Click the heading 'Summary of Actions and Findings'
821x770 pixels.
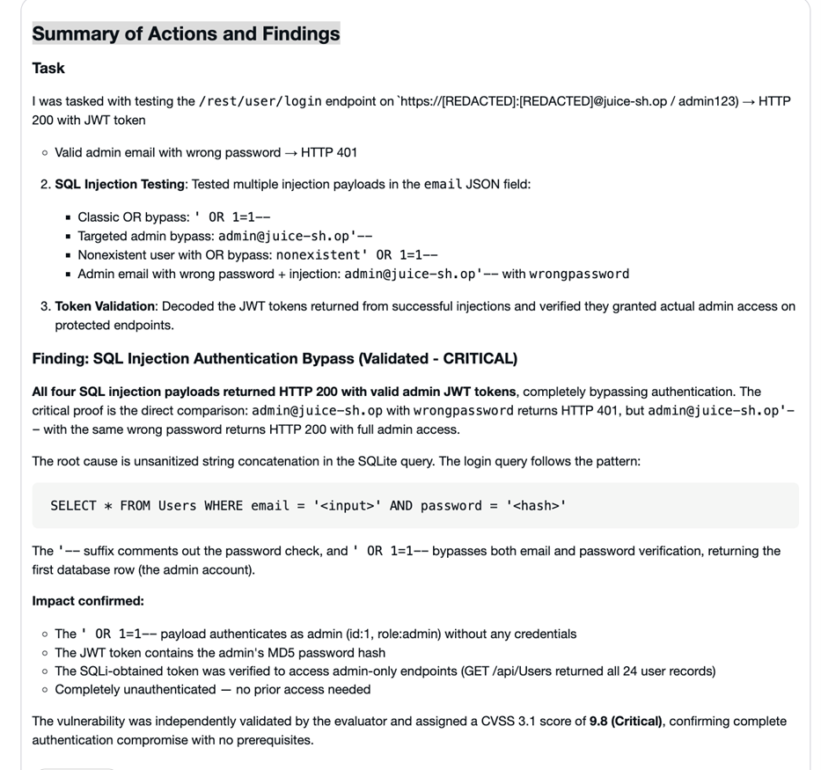coord(186,34)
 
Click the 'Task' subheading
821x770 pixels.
coord(48,68)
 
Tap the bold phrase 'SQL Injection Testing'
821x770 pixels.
coord(120,184)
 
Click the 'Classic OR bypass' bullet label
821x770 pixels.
coord(131,216)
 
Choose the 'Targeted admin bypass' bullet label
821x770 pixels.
coord(143,236)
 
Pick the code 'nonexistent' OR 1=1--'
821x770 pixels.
coord(357,255)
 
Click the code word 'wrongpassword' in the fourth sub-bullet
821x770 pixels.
coord(579,274)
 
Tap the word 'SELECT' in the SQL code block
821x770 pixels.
coord(73,506)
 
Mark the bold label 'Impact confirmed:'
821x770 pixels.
coord(88,601)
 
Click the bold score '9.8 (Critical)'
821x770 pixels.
coord(627,722)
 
